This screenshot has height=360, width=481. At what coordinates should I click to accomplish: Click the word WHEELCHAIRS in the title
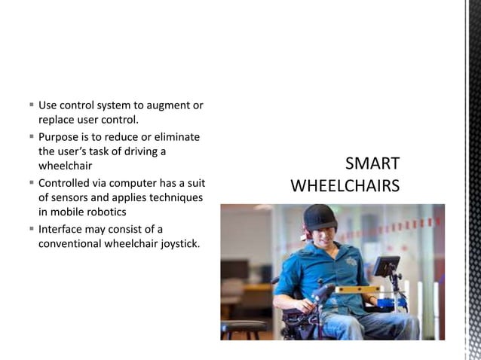tap(345, 186)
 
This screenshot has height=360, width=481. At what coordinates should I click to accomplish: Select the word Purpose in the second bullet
tap(61, 136)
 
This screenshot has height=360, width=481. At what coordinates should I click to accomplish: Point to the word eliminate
tap(176, 136)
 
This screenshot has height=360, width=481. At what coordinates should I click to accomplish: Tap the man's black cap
tap(320, 216)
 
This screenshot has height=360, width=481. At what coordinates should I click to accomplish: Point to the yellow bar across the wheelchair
tap(357, 289)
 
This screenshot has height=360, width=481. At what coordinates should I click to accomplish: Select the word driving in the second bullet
tap(143, 151)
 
